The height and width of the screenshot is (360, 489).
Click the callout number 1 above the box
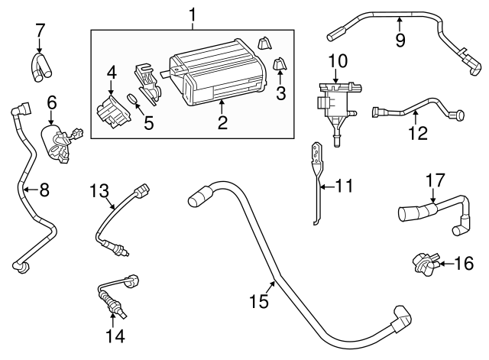pos(193,14)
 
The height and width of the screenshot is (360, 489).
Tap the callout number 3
pos(280,93)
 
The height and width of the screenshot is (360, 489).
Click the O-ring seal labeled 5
pos(132,99)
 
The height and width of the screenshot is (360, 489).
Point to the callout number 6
pos(52,102)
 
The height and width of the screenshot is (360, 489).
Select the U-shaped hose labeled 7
pos(39,66)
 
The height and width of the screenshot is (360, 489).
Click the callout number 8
pos(44,190)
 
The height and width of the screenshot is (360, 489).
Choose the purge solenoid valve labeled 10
pos(335,99)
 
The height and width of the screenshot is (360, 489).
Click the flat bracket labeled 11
pos(316,183)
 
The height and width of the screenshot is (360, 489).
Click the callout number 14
pos(115,334)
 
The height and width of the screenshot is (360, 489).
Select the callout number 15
pos(260,301)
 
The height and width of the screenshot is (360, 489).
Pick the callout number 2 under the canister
pos(222,122)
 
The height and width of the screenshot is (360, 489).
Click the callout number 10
pos(337,60)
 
